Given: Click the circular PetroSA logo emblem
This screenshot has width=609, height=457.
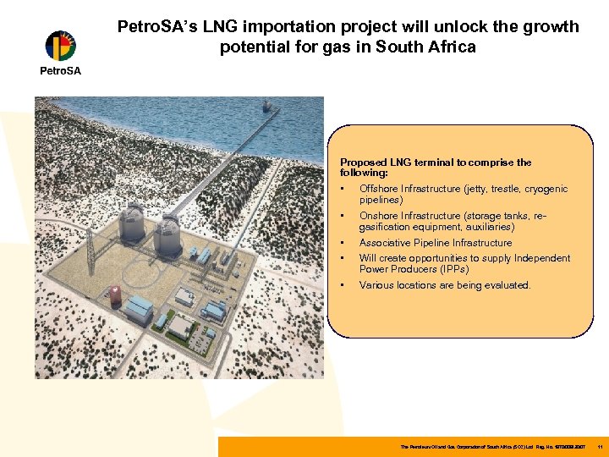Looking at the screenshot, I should (x=60, y=46).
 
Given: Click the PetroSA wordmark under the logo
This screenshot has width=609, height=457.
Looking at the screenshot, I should (x=61, y=71).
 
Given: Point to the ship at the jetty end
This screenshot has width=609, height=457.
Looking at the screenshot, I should (x=269, y=107).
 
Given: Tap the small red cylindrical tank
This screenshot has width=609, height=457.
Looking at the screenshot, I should (x=112, y=295).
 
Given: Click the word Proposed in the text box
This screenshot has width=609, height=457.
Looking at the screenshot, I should (x=363, y=162).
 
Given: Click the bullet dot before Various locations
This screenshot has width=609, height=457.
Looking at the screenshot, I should (x=342, y=285).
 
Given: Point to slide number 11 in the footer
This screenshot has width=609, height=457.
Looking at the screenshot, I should (x=599, y=446).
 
